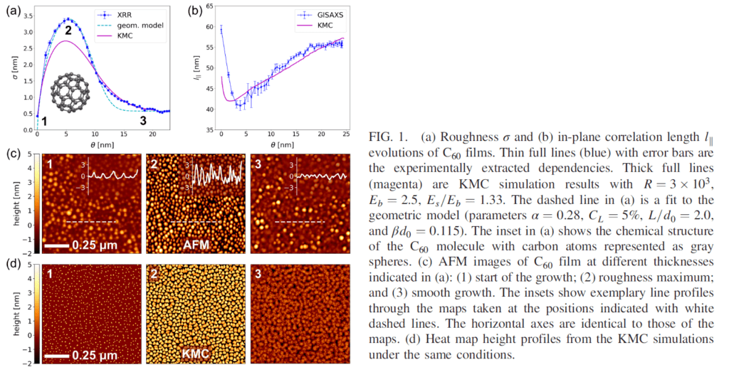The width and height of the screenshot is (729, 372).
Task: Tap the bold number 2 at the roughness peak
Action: pos(68,31)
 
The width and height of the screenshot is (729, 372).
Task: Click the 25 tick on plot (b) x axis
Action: pos(346,135)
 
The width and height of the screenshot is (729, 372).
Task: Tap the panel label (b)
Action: pos(192,10)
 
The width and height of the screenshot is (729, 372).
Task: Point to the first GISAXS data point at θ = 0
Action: pos(221,28)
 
